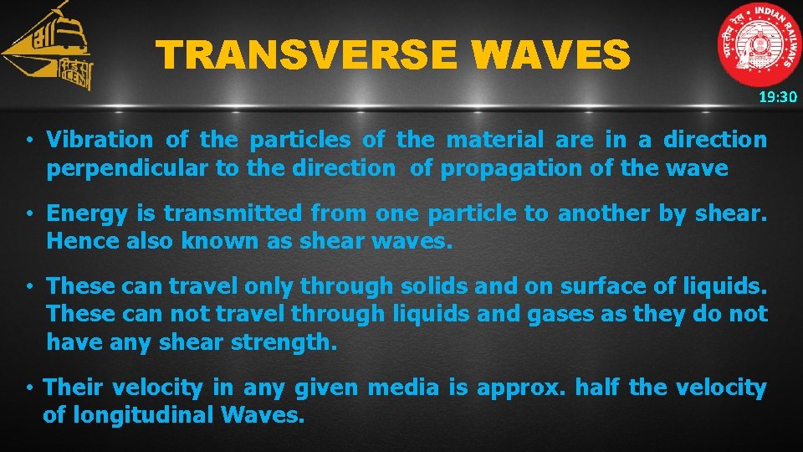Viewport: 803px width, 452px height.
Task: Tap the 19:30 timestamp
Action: click(x=778, y=97)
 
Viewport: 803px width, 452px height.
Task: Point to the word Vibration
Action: click(x=100, y=140)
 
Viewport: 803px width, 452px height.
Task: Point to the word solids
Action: click(x=430, y=286)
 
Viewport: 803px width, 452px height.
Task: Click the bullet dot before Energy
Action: click(x=28, y=214)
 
